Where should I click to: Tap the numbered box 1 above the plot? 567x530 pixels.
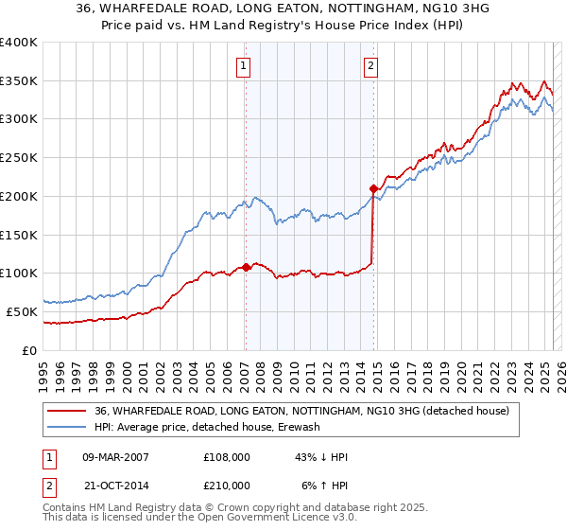tap(244, 65)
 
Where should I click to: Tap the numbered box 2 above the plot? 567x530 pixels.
tap(369, 65)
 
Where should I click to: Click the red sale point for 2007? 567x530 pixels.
tap(246, 267)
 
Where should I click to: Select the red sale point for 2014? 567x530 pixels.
tap(373, 187)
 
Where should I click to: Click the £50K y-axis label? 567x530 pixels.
tap(19, 311)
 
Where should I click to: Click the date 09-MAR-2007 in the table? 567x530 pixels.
tap(115, 456)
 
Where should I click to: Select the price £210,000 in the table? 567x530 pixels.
tap(227, 485)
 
